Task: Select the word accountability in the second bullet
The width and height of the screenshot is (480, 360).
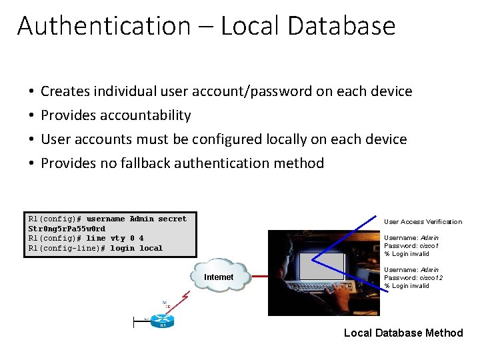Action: tap(145, 115)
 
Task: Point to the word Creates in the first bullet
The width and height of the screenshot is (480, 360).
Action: tap(67, 91)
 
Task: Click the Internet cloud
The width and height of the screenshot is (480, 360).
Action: tap(219, 277)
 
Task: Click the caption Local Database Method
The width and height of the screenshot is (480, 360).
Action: tap(403, 333)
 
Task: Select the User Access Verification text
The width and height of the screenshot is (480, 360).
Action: tap(423, 222)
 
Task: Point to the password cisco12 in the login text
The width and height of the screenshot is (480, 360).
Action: tap(431, 277)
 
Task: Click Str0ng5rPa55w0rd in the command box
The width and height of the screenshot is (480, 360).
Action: tap(67, 229)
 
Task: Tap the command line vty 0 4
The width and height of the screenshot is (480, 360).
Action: tap(115, 238)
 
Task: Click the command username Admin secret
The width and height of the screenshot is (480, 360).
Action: tap(137, 219)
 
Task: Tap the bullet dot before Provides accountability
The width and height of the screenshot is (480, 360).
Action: tap(32, 116)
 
